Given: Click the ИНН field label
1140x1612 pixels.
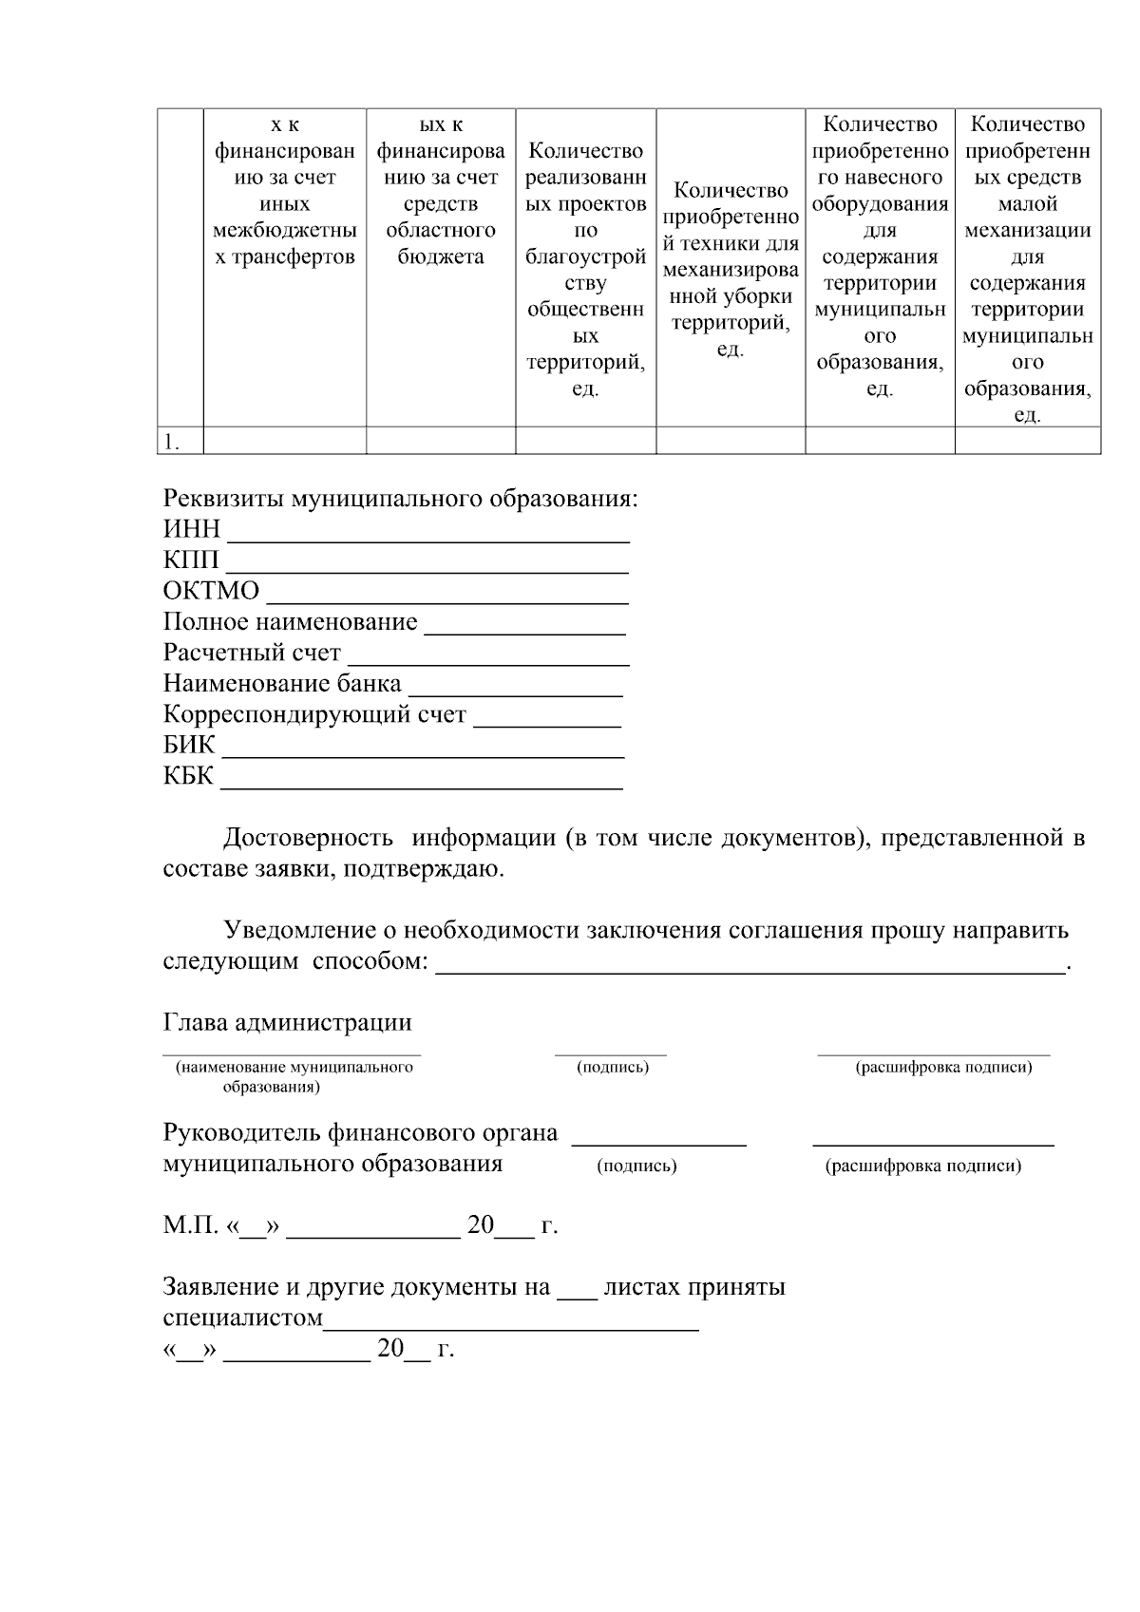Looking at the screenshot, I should click(191, 529).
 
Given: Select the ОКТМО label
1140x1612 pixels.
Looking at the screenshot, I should click(211, 591).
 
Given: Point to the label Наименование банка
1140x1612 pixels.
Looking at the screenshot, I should click(282, 684).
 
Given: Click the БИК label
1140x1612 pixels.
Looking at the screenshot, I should click(189, 745).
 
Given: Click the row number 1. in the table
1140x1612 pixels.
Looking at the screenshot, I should click(171, 442).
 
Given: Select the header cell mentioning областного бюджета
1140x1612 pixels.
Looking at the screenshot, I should click(441, 191).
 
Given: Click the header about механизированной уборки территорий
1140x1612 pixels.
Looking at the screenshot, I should click(730, 270).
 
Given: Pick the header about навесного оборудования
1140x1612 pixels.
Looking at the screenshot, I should click(880, 256).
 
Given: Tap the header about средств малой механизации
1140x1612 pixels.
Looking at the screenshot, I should click(1027, 270).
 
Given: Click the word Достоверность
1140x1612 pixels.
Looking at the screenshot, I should click(308, 838).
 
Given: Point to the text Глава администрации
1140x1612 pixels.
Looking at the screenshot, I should click(288, 1022).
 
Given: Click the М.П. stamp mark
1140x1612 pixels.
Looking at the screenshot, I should click(190, 1225).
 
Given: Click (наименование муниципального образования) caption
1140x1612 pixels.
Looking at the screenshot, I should click(293, 1076).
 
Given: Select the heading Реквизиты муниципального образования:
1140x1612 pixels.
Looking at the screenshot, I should click(400, 499).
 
